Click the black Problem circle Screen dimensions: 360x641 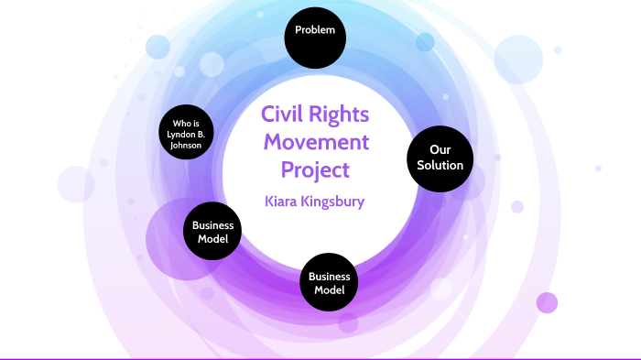coord(314,34)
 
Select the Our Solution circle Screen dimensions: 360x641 coord(440,158)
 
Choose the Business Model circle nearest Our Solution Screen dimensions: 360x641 coord(329,283)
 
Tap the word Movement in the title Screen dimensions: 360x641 coord(314,143)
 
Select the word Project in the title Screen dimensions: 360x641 coord(314,170)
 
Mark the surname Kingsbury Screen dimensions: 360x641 coord(335,202)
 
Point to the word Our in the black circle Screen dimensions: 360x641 coord(440,149)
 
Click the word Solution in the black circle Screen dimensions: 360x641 coord(440,166)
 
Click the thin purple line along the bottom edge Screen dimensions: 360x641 coord(320,358)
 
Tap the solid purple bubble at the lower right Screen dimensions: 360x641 coord(547,303)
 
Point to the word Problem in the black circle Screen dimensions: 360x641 coord(314,31)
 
